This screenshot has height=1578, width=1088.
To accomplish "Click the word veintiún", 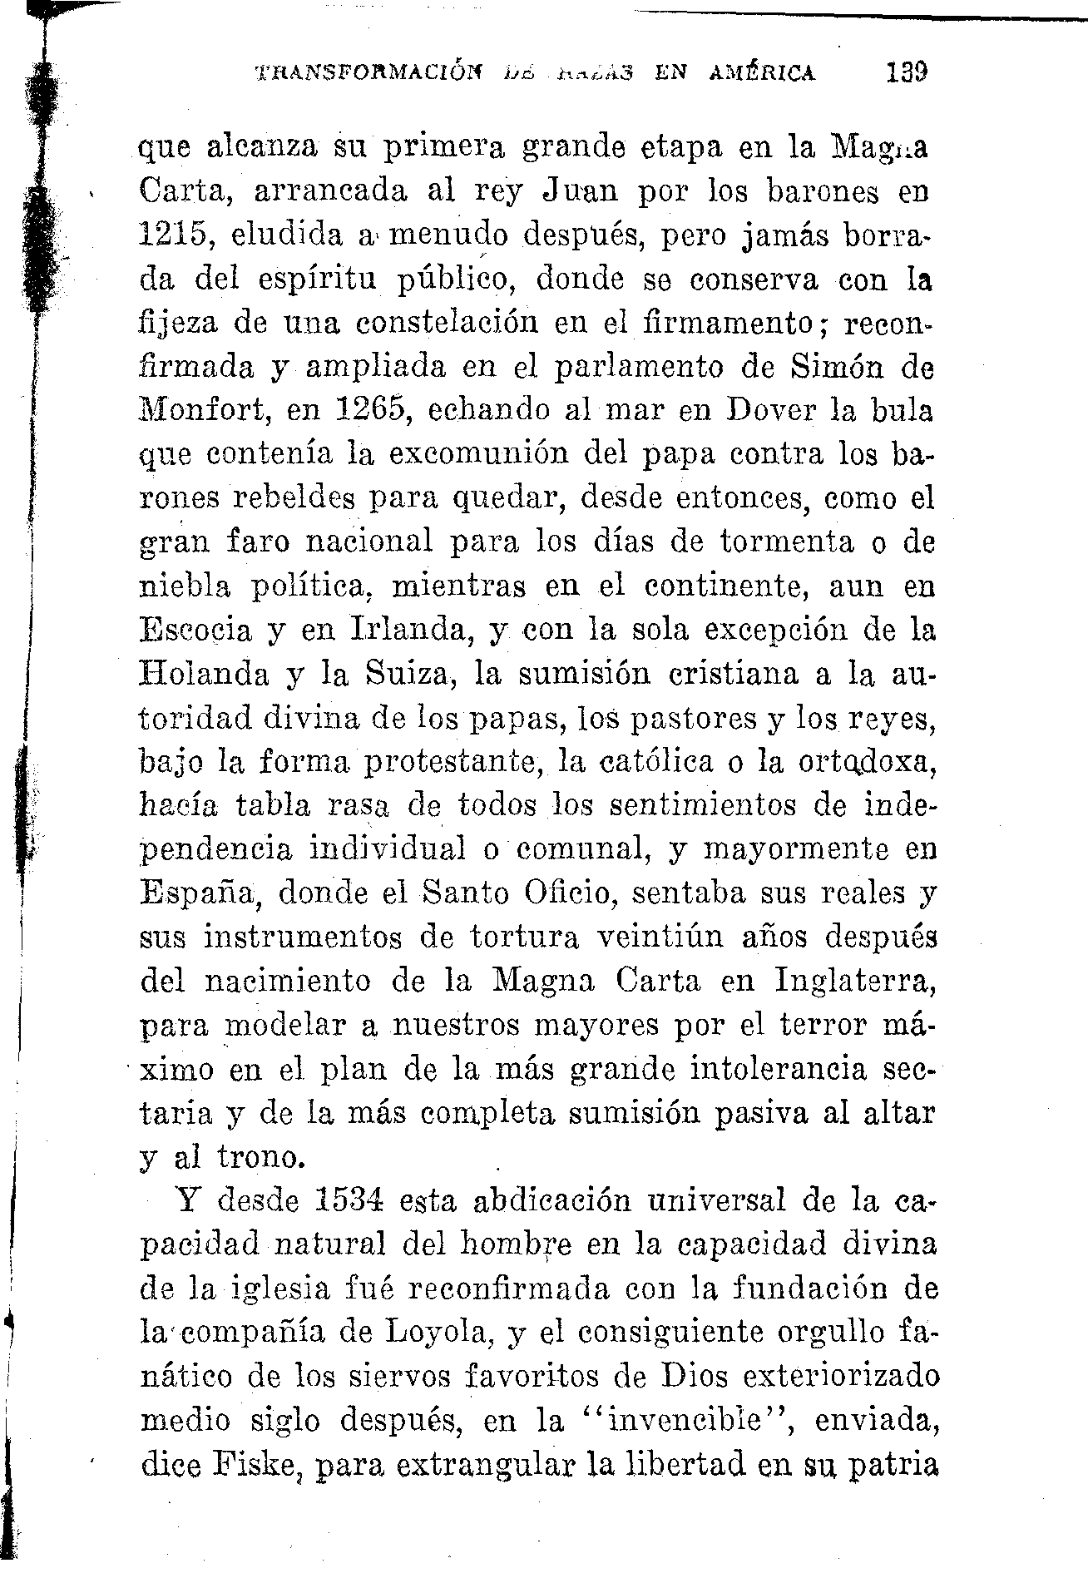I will coord(661,937).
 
